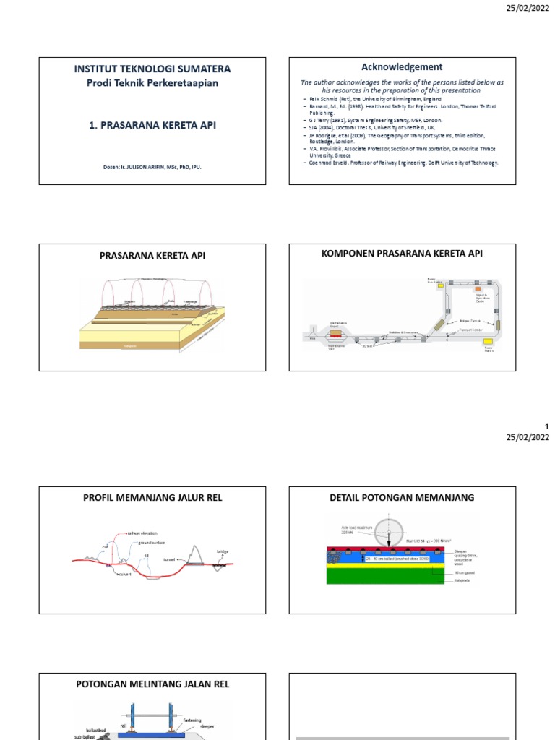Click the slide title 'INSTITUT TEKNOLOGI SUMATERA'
pyautogui.click(x=152, y=69)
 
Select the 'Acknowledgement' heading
pyautogui.click(x=402, y=66)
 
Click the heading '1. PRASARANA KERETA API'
pyautogui.click(x=152, y=125)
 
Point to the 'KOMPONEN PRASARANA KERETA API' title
pyautogui.click(x=403, y=253)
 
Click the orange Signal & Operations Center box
pyautogui.click(x=478, y=289)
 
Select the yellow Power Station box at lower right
pyautogui.click(x=489, y=340)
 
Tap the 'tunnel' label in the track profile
pyautogui.click(x=170, y=559)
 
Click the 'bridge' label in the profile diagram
pyautogui.click(x=223, y=551)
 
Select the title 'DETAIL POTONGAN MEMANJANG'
pyautogui.click(x=403, y=497)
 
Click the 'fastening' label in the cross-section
pyautogui.click(x=193, y=720)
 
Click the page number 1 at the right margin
pyautogui.click(x=547, y=427)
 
